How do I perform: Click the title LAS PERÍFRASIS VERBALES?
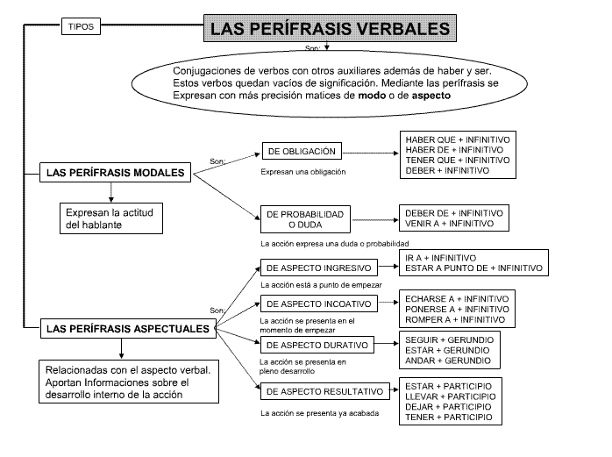pyautogui.click(x=331, y=27)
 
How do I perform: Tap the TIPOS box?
pyautogui.click(x=78, y=26)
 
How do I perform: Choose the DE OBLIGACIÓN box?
pyautogui.click(x=300, y=152)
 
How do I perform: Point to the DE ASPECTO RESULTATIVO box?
pyautogui.click(x=324, y=390)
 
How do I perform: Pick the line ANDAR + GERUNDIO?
pyautogui.click(x=447, y=361)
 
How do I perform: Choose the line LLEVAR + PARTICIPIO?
pyautogui.click(x=448, y=396)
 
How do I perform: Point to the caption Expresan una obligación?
pyautogui.click(x=303, y=172)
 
